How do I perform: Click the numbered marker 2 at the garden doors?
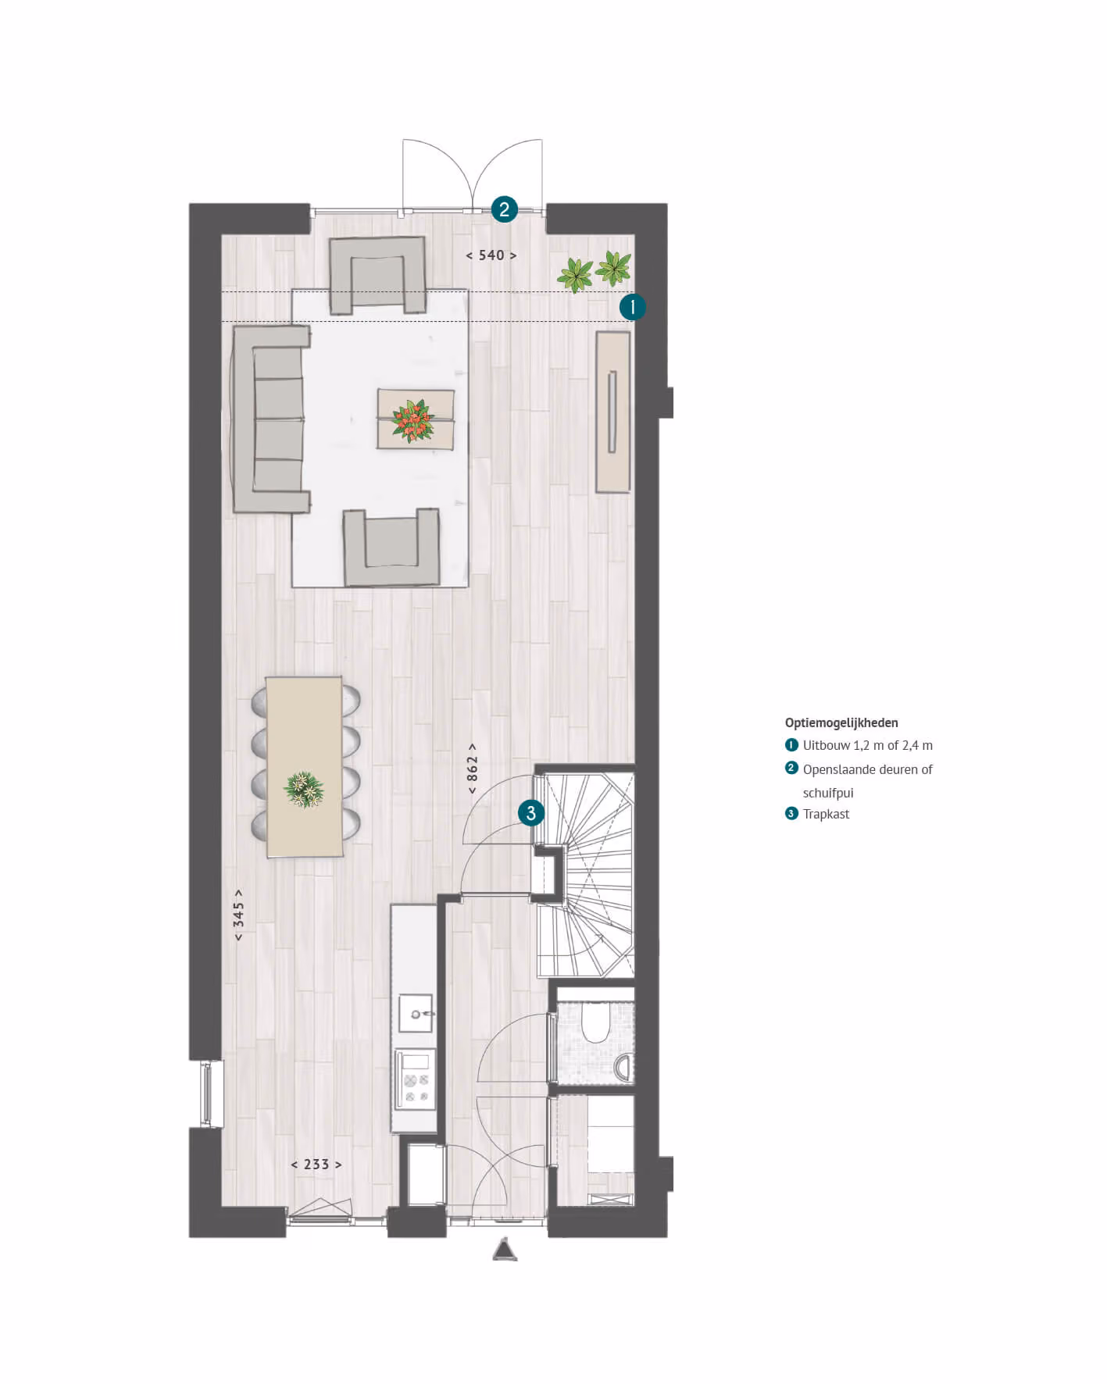504,209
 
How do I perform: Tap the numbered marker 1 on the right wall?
632,307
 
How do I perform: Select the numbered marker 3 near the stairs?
531,813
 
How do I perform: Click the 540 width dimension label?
491,255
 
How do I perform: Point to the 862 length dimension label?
472,769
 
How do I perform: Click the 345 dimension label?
238,914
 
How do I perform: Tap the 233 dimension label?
316,1165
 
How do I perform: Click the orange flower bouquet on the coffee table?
413,421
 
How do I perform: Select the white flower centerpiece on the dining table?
304,789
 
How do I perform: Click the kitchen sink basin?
416,1014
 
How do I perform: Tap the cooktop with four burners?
416,1080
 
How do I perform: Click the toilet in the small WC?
597,1022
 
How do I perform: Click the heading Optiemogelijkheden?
841,723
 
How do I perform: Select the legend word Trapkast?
826,814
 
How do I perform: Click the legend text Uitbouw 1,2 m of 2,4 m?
867,746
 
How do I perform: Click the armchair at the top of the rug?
378,275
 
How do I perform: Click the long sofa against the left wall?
270,419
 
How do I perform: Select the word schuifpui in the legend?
828,793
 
